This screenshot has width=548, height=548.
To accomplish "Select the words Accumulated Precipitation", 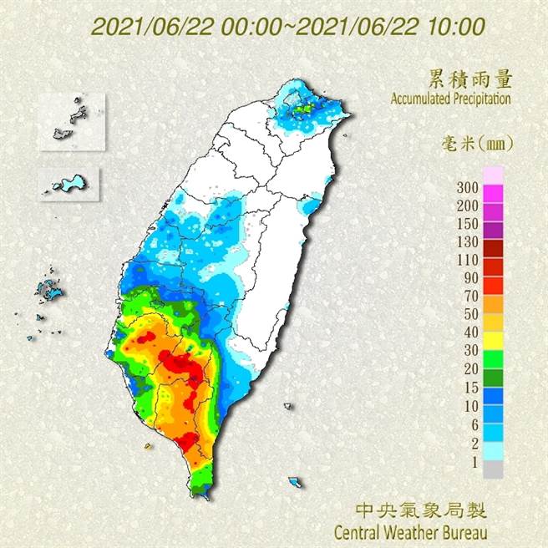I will (450, 99).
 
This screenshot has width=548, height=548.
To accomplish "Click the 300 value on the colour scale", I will (468, 186).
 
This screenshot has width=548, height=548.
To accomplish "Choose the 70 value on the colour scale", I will (470, 296).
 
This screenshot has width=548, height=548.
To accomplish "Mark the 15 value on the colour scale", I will (470, 388).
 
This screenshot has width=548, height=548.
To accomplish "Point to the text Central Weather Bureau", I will (409, 530).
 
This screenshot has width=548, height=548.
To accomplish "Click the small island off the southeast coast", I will (296, 482).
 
